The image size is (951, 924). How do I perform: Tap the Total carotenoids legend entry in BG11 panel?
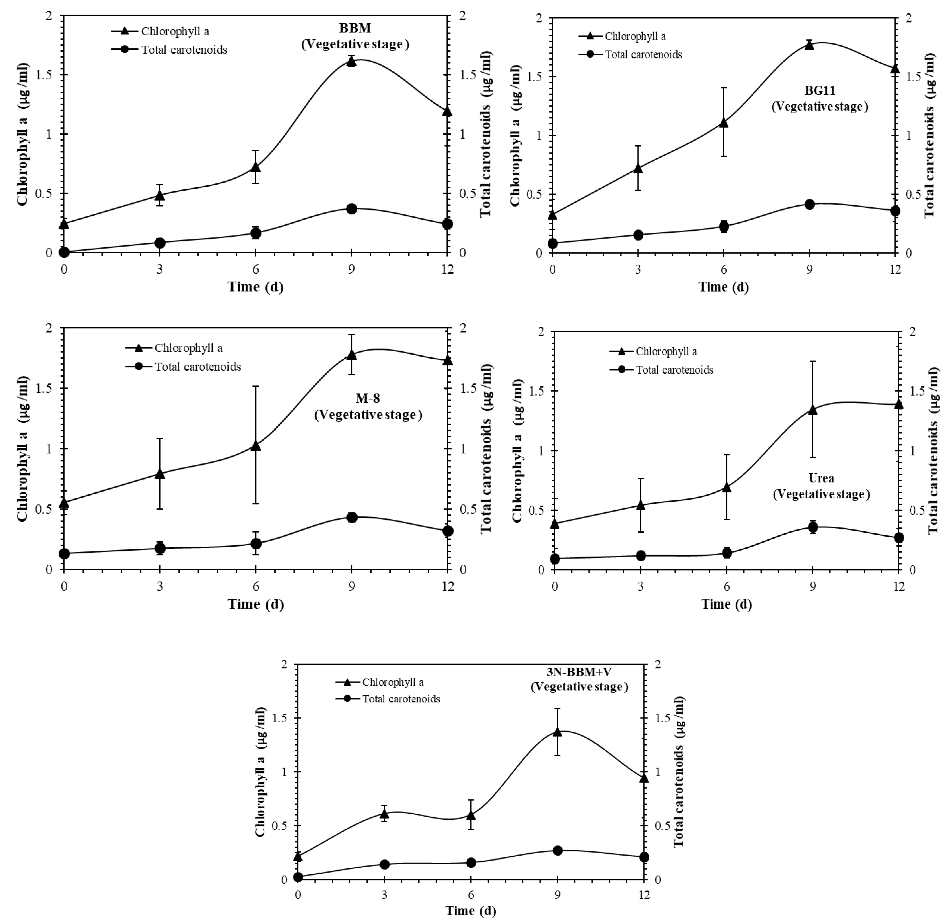643,54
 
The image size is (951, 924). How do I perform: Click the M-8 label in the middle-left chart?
368,398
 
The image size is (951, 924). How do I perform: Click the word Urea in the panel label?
821,478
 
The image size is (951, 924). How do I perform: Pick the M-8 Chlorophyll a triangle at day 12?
447,360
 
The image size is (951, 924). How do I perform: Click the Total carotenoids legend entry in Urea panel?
674,370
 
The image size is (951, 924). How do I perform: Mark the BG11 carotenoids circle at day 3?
638,235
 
